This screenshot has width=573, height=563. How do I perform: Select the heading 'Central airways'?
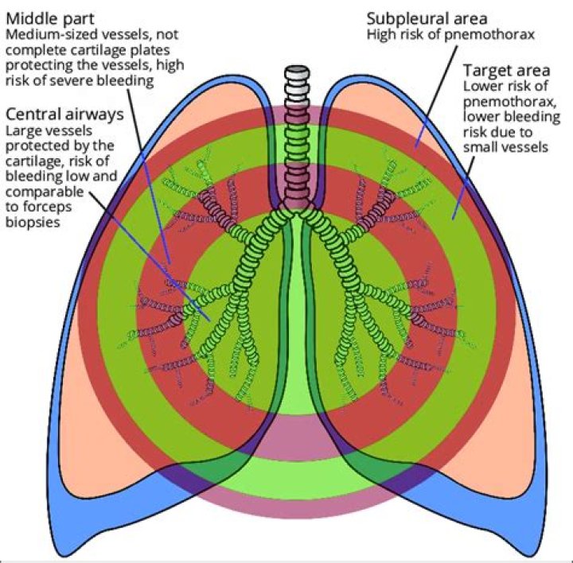coord(64,114)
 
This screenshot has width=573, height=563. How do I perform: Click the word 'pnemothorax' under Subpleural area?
coord(494,35)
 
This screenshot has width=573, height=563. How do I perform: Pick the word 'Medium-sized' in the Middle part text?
coord(45,35)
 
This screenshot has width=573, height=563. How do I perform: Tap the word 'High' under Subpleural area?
coord(380,35)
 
